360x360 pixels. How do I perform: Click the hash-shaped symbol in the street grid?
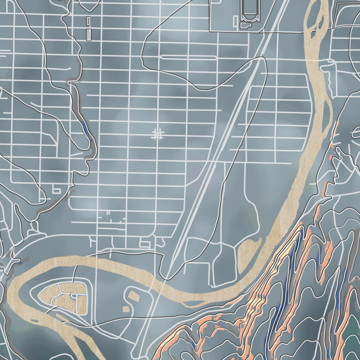pyautogui.click(x=157, y=135)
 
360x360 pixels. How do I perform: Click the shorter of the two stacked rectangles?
pyautogui.click(x=88, y=21)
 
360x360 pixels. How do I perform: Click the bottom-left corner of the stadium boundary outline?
pyautogui.click(x=211, y=29)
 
